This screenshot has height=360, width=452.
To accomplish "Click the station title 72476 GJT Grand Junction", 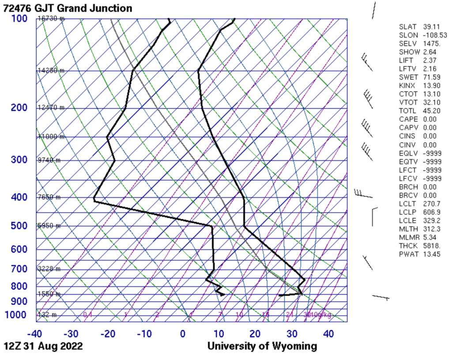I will [67, 8].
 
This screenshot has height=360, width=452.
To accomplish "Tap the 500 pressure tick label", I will [19, 226].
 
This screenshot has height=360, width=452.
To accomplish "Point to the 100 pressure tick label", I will [19, 19].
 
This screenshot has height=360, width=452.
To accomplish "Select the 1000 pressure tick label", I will [16, 315].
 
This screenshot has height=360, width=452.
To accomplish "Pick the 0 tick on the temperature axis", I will [183, 334].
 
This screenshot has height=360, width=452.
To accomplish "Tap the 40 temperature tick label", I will [328, 334].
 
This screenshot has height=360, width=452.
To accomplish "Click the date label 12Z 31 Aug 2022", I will [43, 346].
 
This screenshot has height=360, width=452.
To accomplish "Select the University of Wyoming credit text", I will [262, 346].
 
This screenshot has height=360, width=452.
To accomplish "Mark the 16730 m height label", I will [51, 19].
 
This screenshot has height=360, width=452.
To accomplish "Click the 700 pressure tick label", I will [19, 269].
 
